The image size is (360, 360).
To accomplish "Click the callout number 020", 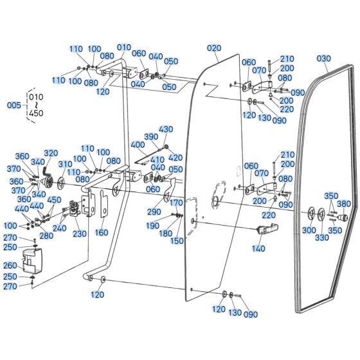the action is click(x=214, y=48).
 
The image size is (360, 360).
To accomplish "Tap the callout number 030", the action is click(x=324, y=59).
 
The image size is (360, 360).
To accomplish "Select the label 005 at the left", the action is click(x=14, y=105).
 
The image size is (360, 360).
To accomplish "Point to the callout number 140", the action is click(x=258, y=248).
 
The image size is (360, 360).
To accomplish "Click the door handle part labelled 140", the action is click(x=267, y=228).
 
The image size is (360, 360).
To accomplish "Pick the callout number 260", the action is click(x=10, y=265).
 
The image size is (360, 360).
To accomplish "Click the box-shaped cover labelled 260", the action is click(x=32, y=261).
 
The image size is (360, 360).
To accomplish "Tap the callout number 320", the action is click(x=51, y=153).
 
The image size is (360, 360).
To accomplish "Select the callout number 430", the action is click(x=166, y=129).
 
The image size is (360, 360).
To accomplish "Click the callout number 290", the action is click(x=154, y=212).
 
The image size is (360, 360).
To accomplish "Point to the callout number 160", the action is click(x=102, y=233).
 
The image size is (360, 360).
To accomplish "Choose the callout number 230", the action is click(x=80, y=234).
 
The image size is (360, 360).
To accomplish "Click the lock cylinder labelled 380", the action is click(x=343, y=217).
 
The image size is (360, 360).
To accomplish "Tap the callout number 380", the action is click(x=344, y=204).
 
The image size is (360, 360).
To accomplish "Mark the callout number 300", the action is click(x=309, y=230).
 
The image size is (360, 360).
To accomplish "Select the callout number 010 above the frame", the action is click(x=124, y=48).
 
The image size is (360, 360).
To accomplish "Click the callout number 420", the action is click(x=175, y=157).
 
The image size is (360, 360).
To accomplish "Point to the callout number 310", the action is click(x=65, y=165).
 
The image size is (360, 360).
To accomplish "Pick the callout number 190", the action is click(x=153, y=226).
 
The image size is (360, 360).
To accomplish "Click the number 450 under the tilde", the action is click(x=36, y=113).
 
